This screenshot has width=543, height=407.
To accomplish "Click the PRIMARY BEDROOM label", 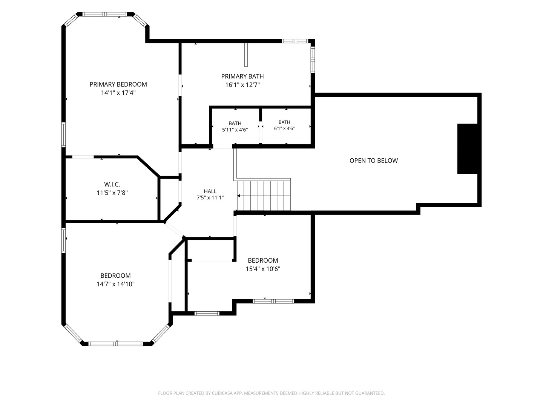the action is pos(118,84).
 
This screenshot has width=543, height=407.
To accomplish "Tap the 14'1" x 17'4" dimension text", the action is pos(118,93).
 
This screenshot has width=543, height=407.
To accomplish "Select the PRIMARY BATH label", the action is pos(242,77).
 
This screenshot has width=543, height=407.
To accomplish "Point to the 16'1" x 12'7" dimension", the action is pos(242,85).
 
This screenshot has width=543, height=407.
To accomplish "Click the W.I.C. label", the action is pos(112,184).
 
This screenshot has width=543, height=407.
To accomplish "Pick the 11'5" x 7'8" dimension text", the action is pos(112,193).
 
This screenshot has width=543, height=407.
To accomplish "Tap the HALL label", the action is pos(210,191).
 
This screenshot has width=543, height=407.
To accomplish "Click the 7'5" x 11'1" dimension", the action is pos(210,198).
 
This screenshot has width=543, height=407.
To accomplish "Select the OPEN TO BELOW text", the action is pos(374,161).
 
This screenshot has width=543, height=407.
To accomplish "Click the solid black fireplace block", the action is pos(467,149).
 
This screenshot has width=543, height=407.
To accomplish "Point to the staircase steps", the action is pos(264,196).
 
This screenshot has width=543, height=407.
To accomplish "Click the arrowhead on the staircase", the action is pos(239,196).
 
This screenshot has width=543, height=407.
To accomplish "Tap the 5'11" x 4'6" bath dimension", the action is pos(235,130).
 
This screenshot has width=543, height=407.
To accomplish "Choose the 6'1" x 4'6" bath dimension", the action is pos(284,129).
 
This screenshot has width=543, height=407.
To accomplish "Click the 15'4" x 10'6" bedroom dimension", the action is pos(263,269).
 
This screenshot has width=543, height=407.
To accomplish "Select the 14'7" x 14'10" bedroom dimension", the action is pos(115,284).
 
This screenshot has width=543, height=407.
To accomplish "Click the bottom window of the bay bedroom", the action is pos(116,344).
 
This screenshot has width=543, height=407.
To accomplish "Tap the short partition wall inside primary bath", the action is pos(246,55).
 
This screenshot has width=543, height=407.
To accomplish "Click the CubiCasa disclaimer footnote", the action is pos(271,393).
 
